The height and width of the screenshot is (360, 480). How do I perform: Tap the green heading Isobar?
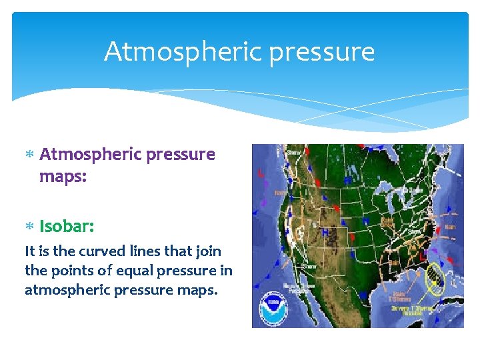point(66,226)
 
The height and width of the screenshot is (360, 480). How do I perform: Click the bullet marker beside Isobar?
point(30,227)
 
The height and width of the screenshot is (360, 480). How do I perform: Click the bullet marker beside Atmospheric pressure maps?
point(30,155)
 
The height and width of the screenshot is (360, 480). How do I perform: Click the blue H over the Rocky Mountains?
point(325,231)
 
